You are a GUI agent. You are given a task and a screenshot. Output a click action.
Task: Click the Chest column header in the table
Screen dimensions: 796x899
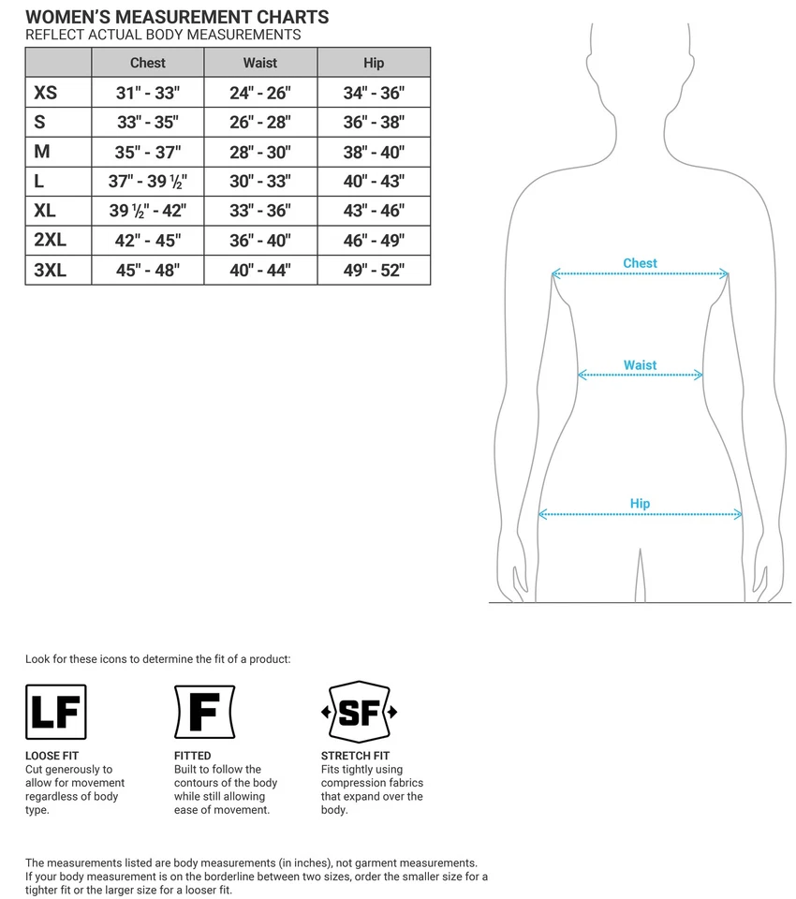click(148, 63)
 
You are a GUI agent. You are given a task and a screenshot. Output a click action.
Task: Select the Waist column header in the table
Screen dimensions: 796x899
click(260, 63)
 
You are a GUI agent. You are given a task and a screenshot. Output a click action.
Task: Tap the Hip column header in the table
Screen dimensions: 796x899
click(374, 63)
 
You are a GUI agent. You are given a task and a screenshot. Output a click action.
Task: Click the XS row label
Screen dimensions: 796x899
click(45, 93)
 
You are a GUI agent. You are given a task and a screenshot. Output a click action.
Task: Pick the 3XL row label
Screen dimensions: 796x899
click(50, 271)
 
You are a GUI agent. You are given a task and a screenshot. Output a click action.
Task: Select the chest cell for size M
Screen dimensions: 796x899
click(148, 152)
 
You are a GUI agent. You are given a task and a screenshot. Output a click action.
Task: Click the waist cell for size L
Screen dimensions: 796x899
click(260, 182)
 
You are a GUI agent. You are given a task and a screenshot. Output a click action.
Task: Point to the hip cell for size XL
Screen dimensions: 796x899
click(374, 211)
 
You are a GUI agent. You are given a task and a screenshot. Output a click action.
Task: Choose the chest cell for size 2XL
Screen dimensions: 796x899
click(148, 241)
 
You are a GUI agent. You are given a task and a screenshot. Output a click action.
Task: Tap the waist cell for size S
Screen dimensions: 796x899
click(260, 122)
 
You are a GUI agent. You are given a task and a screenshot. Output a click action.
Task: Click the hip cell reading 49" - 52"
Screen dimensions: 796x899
click(374, 271)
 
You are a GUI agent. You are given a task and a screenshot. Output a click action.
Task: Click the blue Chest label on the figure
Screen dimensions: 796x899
click(640, 263)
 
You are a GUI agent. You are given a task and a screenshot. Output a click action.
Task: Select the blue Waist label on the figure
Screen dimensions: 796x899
click(640, 365)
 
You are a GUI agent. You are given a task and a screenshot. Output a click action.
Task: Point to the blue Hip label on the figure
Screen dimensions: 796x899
click(640, 504)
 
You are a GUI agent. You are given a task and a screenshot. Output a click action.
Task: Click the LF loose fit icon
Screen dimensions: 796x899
click(56, 712)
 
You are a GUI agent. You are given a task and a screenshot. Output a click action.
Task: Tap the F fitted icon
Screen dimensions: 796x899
click(204, 712)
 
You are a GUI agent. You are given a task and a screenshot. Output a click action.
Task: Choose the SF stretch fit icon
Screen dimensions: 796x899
click(359, 713)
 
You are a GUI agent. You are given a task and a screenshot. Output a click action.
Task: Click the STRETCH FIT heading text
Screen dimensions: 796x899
click(355, 756)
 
